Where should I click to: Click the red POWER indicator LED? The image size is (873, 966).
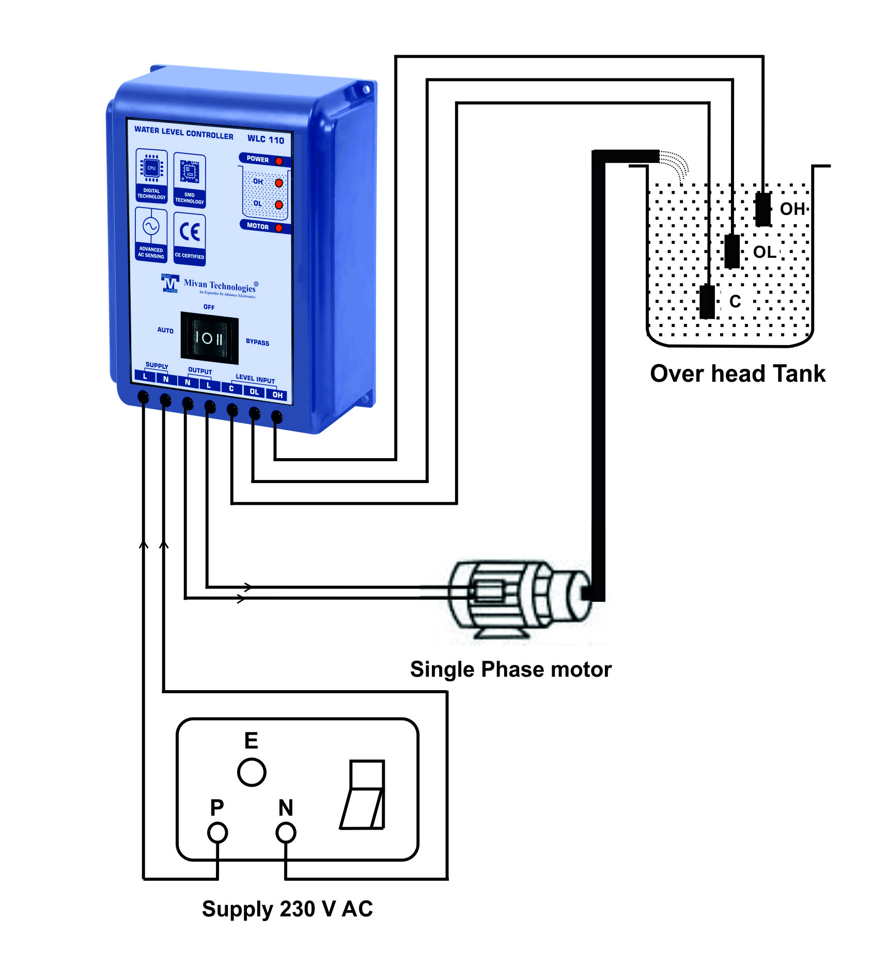coord(279,161)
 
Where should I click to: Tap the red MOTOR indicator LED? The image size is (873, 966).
coord(279,228)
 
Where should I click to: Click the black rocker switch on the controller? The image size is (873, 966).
coord(209,338)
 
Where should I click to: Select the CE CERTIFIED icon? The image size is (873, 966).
coord(190,238)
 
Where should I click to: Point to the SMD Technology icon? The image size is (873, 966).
coord(190,179)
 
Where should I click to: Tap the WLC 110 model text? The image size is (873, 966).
coord(266,139)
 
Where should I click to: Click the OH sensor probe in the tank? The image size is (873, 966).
coord(763,209)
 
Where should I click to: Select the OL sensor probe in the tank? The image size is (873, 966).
coord(732,251)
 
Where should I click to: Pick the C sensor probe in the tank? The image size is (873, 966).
coord(707,302)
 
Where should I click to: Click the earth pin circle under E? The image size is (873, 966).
coord(252,772)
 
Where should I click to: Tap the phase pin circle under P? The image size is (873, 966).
coord(217,832)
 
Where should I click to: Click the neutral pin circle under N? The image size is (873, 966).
coord(286,832)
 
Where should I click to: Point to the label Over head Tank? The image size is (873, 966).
coord(737,373)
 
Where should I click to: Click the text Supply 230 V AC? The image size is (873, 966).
coord(287,909)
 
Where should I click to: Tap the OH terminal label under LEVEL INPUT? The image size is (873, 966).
coord(277,395)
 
